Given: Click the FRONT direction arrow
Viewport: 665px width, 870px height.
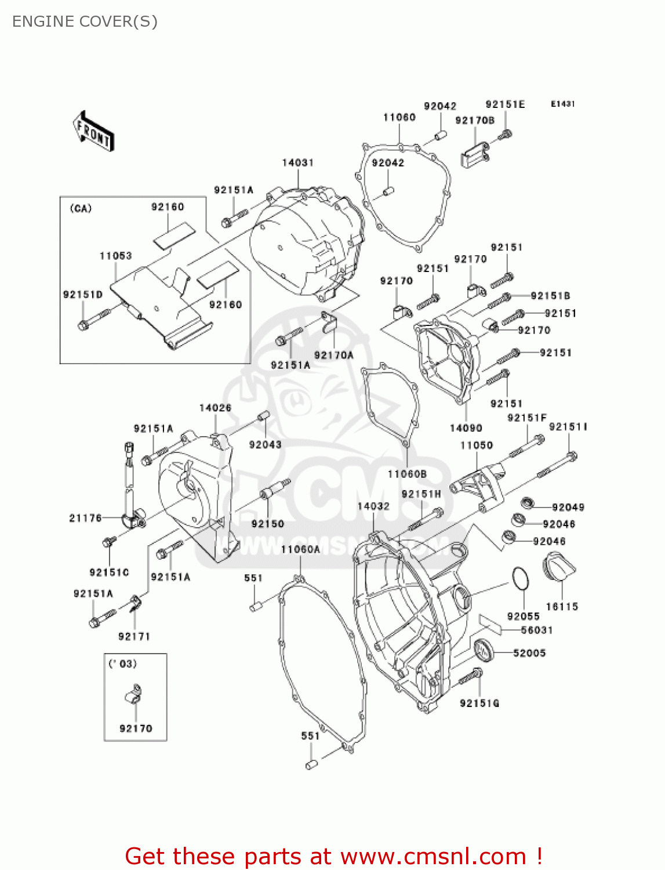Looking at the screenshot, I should pos(93,132).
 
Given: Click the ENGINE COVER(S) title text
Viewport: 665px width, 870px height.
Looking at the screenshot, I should pos(85,21).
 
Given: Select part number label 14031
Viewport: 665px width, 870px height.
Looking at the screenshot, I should pos(298,163).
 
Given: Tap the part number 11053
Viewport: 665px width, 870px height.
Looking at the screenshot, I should pos(116,256).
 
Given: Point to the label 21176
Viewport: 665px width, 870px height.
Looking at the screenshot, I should pos(86,518).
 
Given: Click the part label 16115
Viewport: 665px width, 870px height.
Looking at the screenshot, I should pos(562,607).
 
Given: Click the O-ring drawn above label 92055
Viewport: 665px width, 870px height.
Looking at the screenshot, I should pos(521,578).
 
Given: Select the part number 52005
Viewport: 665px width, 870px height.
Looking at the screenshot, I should pos(529,653).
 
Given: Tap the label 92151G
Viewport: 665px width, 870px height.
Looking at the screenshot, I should pos(479,704).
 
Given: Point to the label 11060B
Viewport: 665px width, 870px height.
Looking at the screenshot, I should pos(407,474).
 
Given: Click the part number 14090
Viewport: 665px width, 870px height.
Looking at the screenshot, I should pos(466,428).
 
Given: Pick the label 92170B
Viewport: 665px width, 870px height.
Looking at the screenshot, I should pos(475,121).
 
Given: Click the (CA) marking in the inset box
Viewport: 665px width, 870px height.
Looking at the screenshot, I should pos(81,209).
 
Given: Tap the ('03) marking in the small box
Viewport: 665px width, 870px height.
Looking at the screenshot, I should pos(123,664).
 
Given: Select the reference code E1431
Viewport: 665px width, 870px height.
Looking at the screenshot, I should pos(562,104).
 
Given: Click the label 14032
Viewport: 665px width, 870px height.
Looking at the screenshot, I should pos(373,506).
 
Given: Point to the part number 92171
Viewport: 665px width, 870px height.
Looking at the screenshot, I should pos(134,636).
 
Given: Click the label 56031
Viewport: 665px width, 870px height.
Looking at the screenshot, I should pos(536,630).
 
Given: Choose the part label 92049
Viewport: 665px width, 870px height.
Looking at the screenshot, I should pos(568,507).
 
